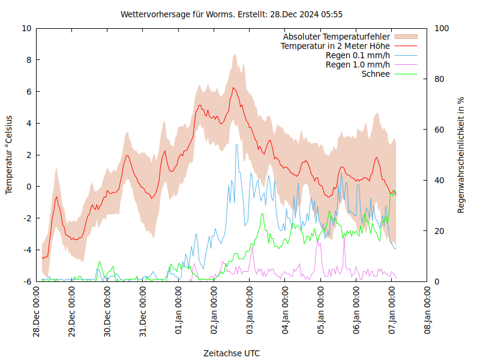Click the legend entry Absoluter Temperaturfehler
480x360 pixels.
point(337,37)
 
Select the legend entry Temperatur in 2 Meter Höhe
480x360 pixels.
point(335,46)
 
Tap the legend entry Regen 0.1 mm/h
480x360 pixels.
point(358,55)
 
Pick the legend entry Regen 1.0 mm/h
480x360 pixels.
point(358,64)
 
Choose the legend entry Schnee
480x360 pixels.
point(376,74)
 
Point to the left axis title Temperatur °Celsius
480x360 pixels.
point(9,155)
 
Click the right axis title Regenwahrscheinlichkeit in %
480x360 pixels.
point(461,155)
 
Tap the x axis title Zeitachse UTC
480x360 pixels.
point(232,353)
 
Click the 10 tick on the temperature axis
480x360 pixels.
point(26,28)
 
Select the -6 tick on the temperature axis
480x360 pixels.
point(26,281)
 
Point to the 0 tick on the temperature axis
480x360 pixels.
point(29,187)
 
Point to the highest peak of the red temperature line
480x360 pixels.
point(233,88)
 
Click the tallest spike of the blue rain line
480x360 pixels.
point(236,145)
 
